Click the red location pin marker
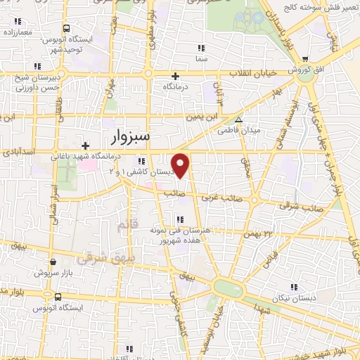[x=181, y=165]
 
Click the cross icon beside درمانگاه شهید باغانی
[x=85, y=146]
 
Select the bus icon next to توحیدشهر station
[x=66, y=29]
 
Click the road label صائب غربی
[x=219, y=198]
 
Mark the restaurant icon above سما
[x=201, y=48]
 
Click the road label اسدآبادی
[x=16, y=150]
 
